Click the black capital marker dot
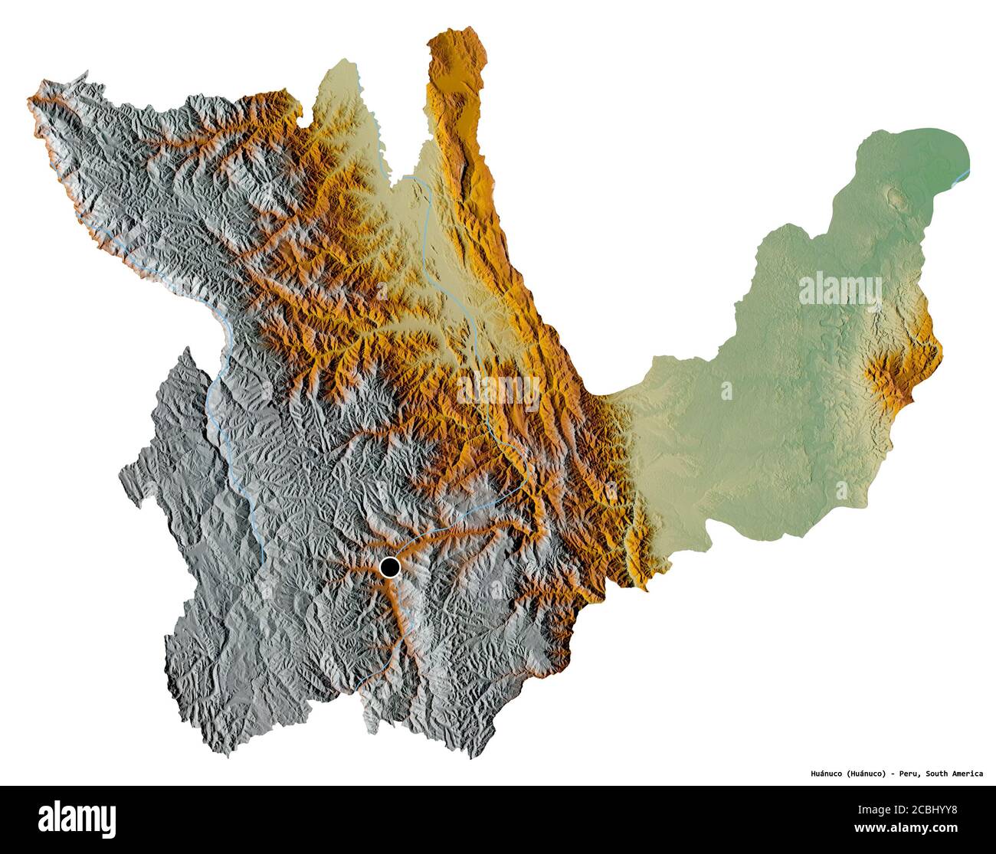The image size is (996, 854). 390,568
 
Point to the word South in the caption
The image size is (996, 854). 939,774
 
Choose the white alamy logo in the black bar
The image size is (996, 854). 77,818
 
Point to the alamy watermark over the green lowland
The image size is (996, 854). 840,290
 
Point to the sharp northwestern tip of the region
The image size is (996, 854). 31,98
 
